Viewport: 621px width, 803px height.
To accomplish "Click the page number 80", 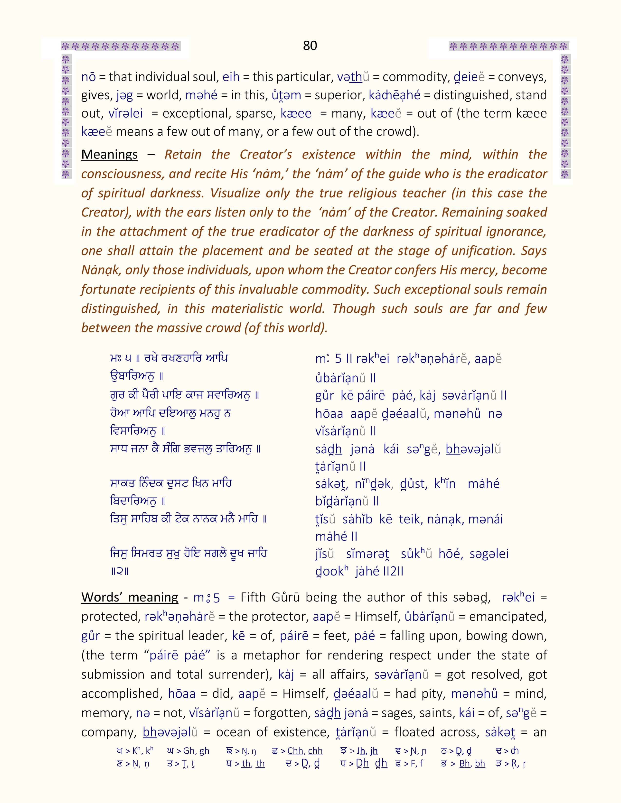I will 310,46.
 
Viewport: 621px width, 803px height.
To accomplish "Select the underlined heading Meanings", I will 109,155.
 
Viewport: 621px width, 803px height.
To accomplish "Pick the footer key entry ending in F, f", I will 409,764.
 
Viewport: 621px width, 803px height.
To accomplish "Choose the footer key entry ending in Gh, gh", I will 188,750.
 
